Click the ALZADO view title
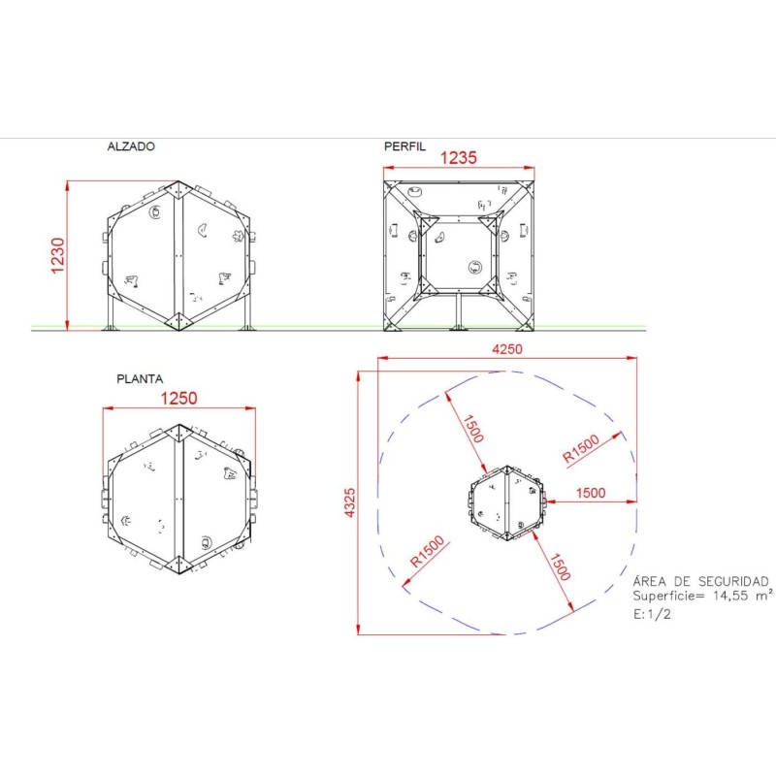[131, 146]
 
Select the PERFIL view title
[404, 146]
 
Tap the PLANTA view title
[140, 379]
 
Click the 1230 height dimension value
[57, 255]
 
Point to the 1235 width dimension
[458, 158]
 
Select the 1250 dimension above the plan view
[178, 399]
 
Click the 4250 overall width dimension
[506, 349]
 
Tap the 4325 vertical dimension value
[349, 502]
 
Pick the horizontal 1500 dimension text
[591, 493]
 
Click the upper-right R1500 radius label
[581, 448]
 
